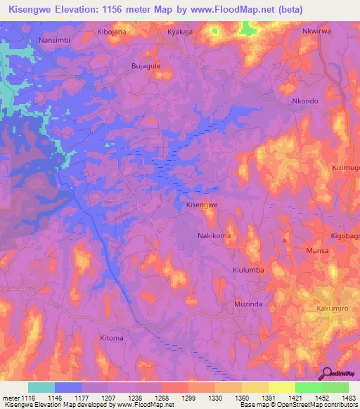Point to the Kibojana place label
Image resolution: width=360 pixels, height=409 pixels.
coord(113,32)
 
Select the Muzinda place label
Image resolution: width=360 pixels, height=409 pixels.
coord(247,304)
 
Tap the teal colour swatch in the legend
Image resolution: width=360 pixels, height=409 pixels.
coord(41,387)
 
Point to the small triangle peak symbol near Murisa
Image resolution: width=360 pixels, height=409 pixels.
coord(284,240)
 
